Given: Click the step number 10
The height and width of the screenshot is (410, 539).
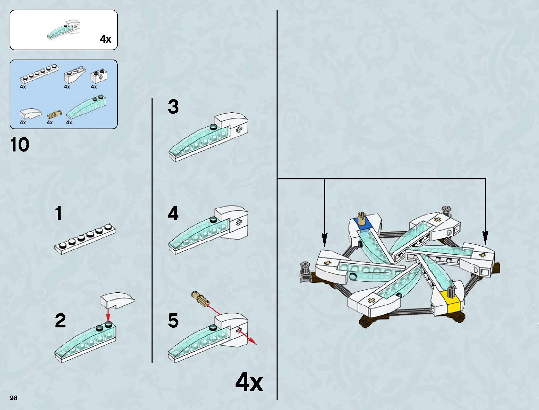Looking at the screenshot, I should [x=20, y=145].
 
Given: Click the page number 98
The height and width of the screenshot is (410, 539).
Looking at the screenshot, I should [x=13, y=398].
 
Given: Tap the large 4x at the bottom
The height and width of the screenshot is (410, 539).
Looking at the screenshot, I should [x=249, y=382].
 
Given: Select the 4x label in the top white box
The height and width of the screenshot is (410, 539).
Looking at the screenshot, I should [x=105, y=39].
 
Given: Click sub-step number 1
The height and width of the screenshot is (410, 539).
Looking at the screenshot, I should [x=59, y=213].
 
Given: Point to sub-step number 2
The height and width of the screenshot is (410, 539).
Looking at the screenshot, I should [x=60, y=320].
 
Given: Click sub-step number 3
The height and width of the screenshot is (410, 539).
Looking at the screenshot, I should [x=173, y=107].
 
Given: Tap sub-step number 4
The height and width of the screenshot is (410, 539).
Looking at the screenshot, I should [x=173, y=214].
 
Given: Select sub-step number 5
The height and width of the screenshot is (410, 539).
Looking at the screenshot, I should [x=173, y=320].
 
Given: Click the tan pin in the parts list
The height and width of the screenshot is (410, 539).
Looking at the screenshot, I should [x=54, y=114].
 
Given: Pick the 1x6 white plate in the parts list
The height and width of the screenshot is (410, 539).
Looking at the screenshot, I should [x=39, y=73].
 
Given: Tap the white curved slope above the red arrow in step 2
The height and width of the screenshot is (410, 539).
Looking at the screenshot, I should [x=117, y=300].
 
